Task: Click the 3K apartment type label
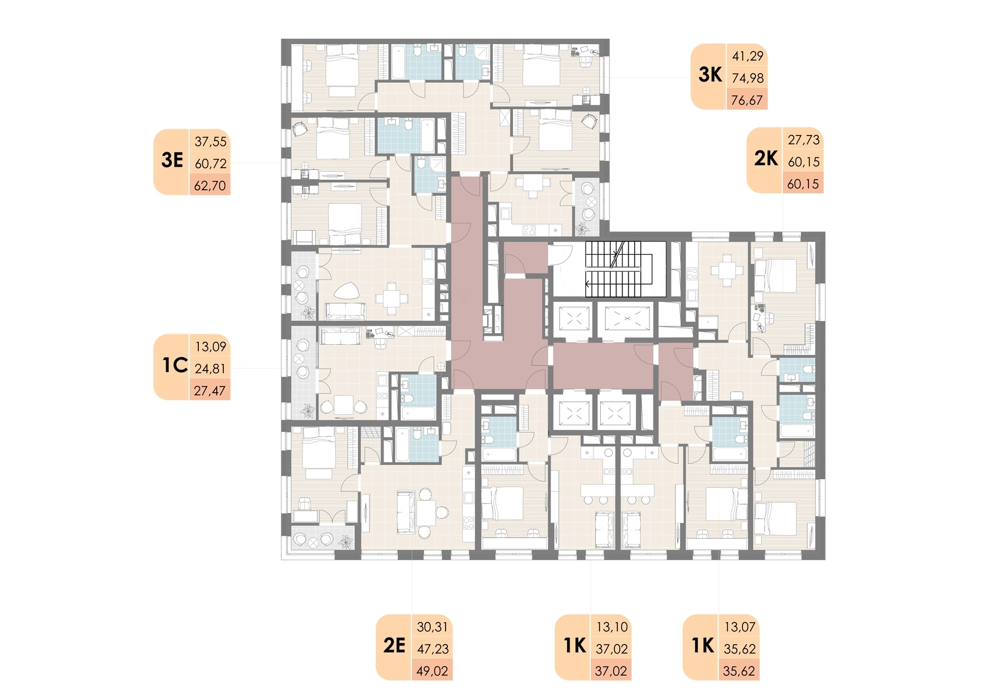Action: tap(709, 75)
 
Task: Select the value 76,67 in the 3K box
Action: tap(747, 101)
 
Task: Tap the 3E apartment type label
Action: tap(172, 160)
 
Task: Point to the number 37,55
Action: tap(211, 142)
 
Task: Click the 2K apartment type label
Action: tap(766, 158)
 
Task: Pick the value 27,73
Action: tap(803, 140)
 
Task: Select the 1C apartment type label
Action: tap(175, 365)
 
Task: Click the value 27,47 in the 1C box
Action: tap(209, 391)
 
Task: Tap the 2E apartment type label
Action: tap(394, 646)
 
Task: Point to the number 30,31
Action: tap(433, 627)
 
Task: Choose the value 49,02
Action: tap(432, 671)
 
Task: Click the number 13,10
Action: tap(612, 627)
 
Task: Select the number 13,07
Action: tap(740, 627)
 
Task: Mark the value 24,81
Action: tap(211, 369)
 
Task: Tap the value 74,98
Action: tap(748, 78)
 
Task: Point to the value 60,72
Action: tap(211, 163)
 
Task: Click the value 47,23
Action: tap(433, 649)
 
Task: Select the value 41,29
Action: tap(748, 56)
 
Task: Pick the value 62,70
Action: tap(210, 186)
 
